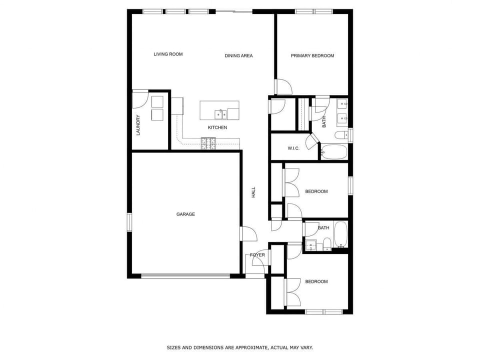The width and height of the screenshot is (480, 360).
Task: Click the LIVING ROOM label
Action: coord(168,54)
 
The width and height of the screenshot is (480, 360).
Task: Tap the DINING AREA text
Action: coord(238,55)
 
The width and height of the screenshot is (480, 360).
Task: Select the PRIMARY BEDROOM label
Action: coord(312,55)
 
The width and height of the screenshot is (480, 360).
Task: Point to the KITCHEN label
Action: coord(217,127)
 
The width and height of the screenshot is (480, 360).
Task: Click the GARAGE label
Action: coord(185,214)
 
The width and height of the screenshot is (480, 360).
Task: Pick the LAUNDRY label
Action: coord(138,125)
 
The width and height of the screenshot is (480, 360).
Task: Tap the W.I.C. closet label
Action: coord(293,148)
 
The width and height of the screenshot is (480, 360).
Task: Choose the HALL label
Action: coord(253,192)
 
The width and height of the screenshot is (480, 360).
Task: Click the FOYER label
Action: coord(257,255)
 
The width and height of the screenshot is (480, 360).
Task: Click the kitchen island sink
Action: coord(220,114)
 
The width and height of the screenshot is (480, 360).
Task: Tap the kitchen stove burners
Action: coord(208,144)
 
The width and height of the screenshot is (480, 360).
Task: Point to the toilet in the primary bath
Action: coord(341,135)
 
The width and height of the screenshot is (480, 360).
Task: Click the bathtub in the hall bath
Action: coord(340,234)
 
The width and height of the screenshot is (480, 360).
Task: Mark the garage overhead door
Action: coord(185,275)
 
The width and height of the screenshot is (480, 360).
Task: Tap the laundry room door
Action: coord(140,100)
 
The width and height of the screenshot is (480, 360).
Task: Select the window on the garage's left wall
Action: coord(129,222)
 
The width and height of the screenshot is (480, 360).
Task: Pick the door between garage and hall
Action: coord(248,233)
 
